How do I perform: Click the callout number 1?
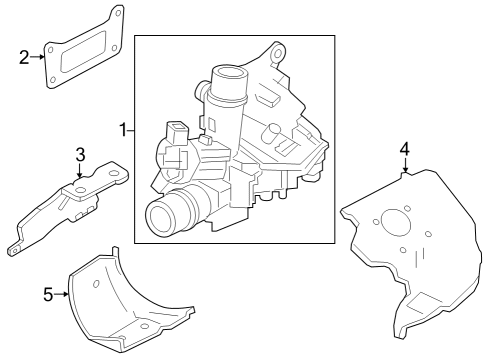[123, 130]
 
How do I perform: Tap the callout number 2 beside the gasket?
[24, 56]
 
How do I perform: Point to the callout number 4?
[404, 149]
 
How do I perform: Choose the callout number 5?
[47, 294]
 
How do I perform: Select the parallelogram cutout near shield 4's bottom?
[421, 297]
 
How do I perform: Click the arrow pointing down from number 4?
[404, 168]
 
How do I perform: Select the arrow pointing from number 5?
[63, 294]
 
